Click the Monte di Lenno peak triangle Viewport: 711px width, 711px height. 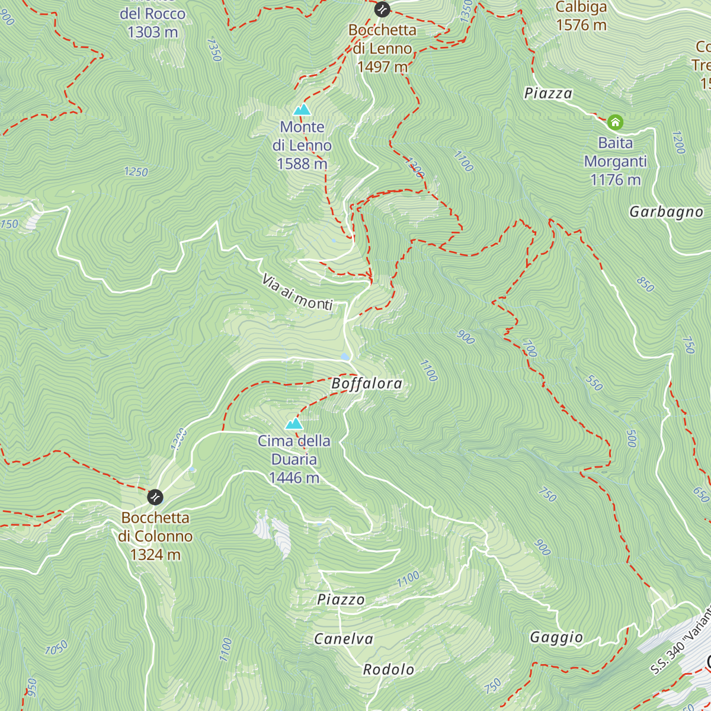tap(302, 110)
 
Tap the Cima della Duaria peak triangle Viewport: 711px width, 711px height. tap(294, 424)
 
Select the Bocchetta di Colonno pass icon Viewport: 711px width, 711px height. tap(155, 496)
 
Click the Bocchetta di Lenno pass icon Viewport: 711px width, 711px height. tap(382, 9)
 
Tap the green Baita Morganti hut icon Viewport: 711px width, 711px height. tap(615, 123)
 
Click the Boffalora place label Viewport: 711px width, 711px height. tap(367, 383)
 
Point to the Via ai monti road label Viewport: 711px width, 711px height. tap(297, 293)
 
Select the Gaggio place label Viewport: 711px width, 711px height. tap(556, 637)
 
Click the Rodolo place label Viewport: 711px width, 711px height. tap(389, 670)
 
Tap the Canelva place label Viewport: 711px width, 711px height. tap(344, 639)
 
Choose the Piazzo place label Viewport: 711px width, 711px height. tap(341, 600)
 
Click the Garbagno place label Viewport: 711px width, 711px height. tap(666, 212)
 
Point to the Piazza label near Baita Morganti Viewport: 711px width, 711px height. tap(548, 93)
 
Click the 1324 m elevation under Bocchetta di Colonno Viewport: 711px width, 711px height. tap(155, 555)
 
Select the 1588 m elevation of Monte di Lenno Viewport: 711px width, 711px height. tap(302, 164)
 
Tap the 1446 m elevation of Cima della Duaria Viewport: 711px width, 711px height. tap(294, 478)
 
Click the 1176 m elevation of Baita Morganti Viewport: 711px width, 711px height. tap(615, 180)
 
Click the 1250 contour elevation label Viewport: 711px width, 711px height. tap(136, 172)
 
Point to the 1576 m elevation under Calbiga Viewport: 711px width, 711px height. tap(581, 25)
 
